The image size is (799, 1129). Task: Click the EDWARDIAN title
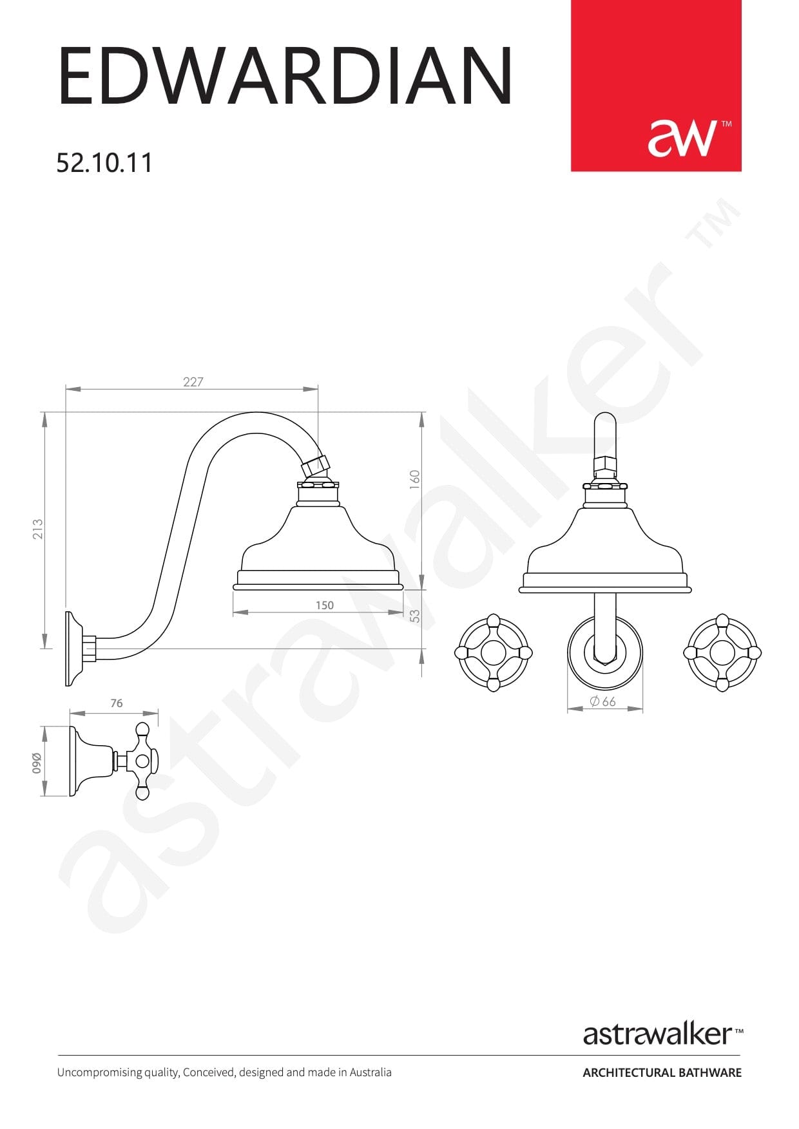(285, 76)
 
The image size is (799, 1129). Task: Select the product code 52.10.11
(104, 162)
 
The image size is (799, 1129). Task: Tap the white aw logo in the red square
(682, 137)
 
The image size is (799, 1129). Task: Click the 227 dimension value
(193, 382)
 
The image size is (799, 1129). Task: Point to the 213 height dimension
(38, 529)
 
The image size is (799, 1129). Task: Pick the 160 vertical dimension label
(415, 479)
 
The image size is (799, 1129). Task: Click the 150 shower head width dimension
(325, 605)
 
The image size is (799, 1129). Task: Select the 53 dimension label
(416, 616)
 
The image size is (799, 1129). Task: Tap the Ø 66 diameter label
(603, 701)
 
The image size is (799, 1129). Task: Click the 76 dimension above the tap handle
(116, 703)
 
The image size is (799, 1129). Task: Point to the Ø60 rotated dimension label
(37, 763)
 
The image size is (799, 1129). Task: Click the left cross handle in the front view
(494, 652)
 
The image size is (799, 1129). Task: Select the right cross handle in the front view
(722, 652)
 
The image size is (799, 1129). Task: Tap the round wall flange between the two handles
(604, 652)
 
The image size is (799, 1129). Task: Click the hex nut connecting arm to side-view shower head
(316, 466)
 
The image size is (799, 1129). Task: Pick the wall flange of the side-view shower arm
(73, 648)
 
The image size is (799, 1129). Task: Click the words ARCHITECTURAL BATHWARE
(662, 1072)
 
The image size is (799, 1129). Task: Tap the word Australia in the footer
(371, 1072)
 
